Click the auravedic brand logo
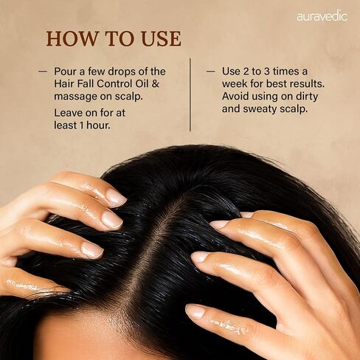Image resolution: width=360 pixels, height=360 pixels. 322,16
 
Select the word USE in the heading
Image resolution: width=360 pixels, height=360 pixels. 162,38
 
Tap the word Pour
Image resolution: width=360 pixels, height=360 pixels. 66,72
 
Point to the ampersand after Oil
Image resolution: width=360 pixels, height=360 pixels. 156,83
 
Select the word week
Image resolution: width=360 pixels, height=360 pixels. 235,83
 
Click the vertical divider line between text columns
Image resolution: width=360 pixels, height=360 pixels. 190,94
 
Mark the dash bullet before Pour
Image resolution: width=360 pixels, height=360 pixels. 43,72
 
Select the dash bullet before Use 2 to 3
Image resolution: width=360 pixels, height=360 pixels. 211,72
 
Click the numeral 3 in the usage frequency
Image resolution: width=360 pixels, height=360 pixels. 266,72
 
